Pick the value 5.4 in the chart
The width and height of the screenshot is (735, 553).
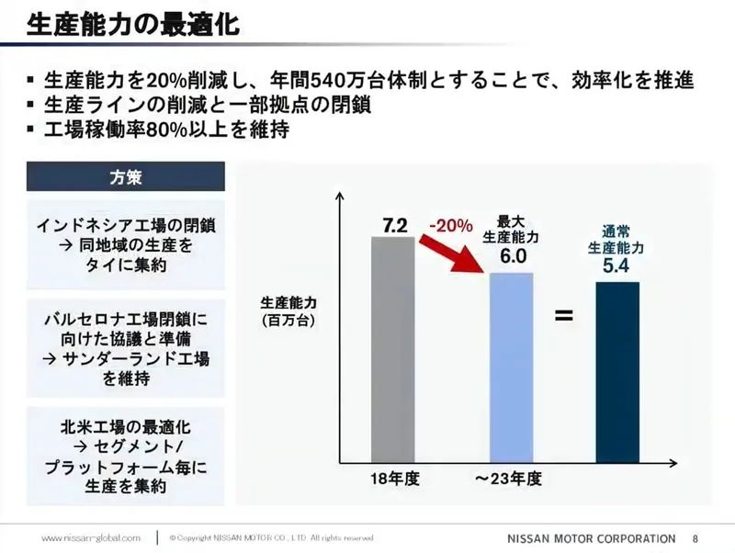tap(616, 267)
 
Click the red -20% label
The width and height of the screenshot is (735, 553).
tap(450, 225)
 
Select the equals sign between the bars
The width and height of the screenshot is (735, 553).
tap(564, 317)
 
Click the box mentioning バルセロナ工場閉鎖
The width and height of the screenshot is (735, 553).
tap(126, 348)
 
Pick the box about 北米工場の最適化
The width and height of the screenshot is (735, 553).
tap(126, 457)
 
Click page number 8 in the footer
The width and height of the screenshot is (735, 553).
tap(695, 537)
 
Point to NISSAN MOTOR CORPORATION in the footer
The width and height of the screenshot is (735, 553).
tap(591, 537)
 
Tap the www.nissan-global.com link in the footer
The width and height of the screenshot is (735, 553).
tap(90, 537)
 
